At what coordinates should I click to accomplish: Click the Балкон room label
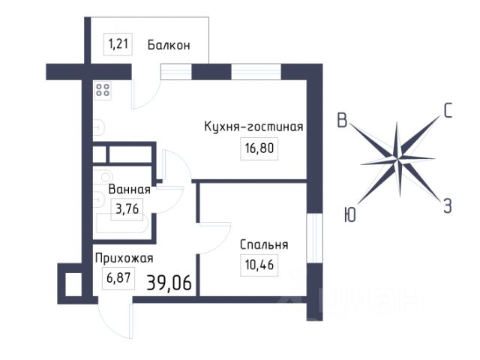(169, 45)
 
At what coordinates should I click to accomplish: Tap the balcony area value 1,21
(118, 44)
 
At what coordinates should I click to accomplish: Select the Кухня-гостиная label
(253, 126)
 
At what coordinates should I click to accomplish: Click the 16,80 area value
(259, 148)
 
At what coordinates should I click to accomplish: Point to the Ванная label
(129, 189)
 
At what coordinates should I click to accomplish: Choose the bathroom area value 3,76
(127, 209)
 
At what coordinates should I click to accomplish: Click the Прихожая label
(124, 258)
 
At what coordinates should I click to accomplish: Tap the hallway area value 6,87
(118, 278)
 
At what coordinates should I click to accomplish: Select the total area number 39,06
(169, 282)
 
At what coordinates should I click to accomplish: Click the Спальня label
(264, 244)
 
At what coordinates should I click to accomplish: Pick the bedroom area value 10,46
(259, 265)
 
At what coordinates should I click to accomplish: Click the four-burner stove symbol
(103, 90)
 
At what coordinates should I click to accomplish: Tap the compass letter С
(448, 111)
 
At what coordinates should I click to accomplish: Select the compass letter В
(342, 120)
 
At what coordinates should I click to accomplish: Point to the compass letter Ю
(350, 214)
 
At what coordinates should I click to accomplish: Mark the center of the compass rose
(397, 159)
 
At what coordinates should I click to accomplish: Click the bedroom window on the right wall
(315, 238)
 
